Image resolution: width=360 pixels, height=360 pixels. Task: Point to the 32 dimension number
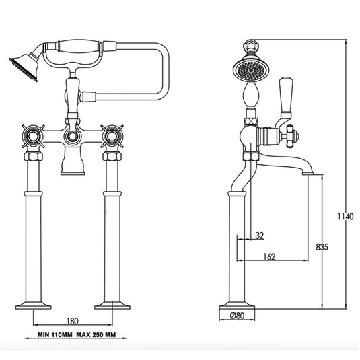click(260, 236)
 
